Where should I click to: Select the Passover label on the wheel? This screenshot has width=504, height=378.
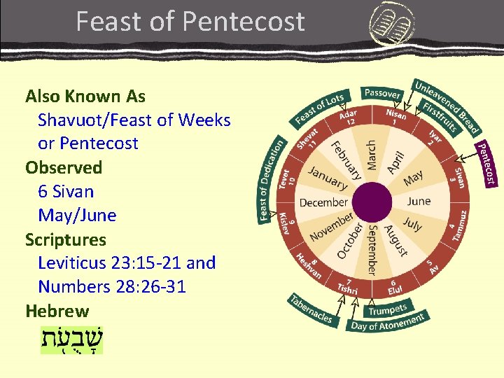(x=382, y=93)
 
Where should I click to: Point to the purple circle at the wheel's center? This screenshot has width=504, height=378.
(x=372, y=204)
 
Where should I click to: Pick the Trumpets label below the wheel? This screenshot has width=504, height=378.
(x=387, y=308)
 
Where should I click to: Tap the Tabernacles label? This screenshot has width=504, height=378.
(x=311, y=309)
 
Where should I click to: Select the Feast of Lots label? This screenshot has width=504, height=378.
(x=318, y=108)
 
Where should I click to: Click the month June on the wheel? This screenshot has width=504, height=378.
(x=418, y=201)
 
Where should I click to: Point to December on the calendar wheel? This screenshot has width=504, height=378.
(x=323, y=202)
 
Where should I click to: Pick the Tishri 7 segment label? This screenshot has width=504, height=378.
(x=347, y=286)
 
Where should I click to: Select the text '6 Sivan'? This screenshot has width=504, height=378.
(x=66, y=191)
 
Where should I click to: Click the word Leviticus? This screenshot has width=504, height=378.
(x=73, y=262)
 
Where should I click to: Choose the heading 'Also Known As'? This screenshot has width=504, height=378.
(x=85, y=96)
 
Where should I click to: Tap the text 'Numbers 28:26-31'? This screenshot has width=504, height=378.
(x=112, y=286)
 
